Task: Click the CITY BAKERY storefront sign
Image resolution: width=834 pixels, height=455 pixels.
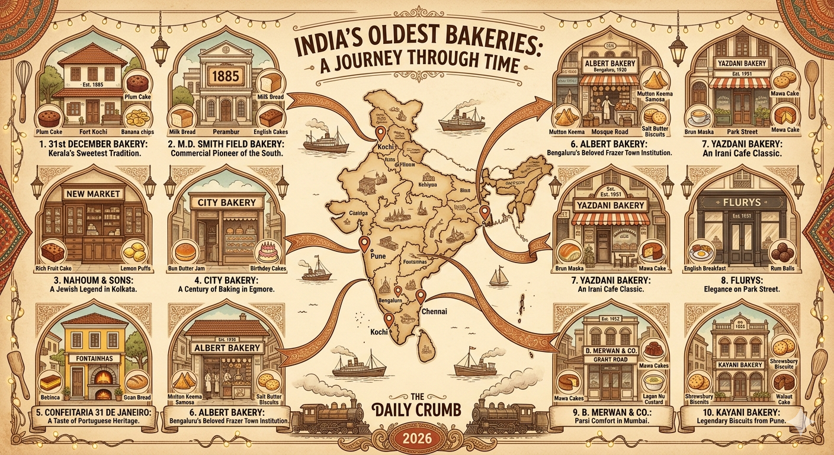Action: (227, 203)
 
